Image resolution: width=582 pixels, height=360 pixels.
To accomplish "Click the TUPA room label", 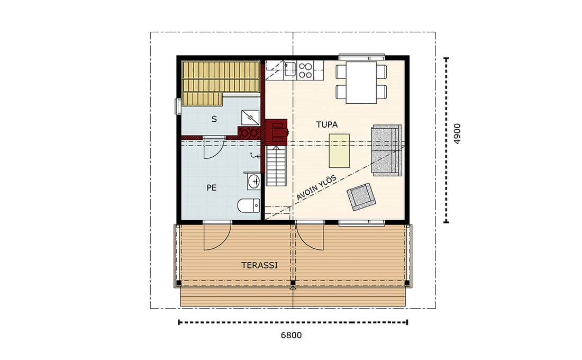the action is tap(327, 125).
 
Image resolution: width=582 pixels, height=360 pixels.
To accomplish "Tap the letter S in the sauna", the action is tap(214, 119).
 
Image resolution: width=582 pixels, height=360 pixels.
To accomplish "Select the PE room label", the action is tap(212, 188).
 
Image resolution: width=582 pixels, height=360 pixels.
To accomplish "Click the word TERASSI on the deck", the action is tap(259, 266).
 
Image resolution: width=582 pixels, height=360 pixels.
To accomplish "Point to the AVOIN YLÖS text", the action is tap(316, 187).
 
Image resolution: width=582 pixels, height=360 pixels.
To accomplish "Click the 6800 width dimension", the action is tap(291, 336).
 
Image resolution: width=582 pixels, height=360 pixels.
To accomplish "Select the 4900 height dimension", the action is tap(457, 134).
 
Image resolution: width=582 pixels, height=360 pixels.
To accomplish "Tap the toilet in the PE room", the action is tap(249, 205).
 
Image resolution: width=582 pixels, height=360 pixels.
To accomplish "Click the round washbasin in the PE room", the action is tap(254, 181).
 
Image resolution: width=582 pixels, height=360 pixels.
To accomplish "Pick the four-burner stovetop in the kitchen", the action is tap(305, 70).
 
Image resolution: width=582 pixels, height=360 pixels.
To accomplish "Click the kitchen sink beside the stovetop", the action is tap(289, 70).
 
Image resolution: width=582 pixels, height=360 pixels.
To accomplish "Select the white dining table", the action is tap(361, 82).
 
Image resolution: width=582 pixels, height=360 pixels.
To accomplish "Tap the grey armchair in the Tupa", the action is tap(361, 197).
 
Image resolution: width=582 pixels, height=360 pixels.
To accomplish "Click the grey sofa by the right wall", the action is tap(387, 150).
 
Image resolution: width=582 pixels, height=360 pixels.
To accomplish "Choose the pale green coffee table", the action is tap(339, 151).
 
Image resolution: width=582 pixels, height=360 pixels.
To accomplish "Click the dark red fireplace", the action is tap(277, 131).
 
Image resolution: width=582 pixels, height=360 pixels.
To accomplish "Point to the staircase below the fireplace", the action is tap(276, 166).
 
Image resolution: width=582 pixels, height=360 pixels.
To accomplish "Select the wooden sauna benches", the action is tap(221, 83).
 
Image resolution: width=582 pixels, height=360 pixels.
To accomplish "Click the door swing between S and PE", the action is tap(213, 149).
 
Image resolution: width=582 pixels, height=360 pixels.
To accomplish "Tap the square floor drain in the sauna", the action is tap(250, 118).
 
